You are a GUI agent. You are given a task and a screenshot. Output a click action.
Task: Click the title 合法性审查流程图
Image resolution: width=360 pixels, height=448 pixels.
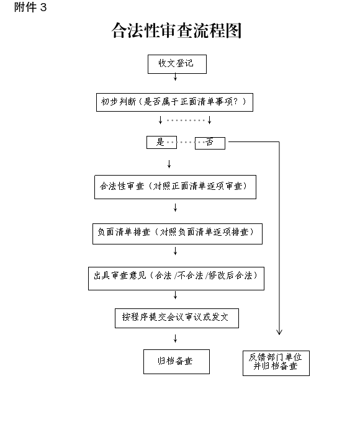click(x=176, y=30)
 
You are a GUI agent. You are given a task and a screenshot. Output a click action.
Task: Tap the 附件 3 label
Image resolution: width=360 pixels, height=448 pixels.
click(x=30, y=7)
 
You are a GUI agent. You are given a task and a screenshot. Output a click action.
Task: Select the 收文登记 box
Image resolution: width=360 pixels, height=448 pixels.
click(x=177, y=65)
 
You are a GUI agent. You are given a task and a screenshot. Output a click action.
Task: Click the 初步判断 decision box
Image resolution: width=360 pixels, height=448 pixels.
click(x=174, y=102)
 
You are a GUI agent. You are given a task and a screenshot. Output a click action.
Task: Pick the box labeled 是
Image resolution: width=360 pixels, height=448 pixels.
click(x=162, y=142)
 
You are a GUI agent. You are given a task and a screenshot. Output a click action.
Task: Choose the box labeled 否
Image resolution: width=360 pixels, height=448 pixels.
click(x=210, y=143)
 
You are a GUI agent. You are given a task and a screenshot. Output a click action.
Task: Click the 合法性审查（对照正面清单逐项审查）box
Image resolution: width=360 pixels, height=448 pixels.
click(x=175, y=187)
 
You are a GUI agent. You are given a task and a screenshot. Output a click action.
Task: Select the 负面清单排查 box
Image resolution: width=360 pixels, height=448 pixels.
click(x=178, y=234)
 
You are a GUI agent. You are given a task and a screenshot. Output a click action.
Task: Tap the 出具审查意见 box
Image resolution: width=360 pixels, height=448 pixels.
click(x=176, y=279)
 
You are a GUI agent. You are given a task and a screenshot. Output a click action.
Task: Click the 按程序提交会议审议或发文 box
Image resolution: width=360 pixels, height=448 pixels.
click(x=177, y=318)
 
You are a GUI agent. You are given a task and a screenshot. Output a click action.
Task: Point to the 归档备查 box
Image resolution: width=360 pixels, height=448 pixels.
click(x=176, y=362)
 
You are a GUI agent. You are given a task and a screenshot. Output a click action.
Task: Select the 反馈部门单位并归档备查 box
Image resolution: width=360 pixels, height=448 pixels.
click(x=276, y=363)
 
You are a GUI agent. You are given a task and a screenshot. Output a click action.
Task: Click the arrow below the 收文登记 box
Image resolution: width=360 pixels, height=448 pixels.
click(x=176, y=76)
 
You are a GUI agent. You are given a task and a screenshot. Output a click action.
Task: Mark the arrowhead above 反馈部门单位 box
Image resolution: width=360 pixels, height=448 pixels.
click(x=279, y=332)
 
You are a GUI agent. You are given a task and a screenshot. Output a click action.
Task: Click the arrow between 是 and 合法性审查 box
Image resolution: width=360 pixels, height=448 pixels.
click(x=169, y=164)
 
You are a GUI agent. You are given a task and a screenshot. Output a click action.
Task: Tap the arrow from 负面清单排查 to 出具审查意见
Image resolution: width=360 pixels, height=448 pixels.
click(x=176, y=251)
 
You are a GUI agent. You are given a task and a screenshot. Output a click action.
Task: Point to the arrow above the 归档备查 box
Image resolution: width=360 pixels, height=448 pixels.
click(x=176, y=339)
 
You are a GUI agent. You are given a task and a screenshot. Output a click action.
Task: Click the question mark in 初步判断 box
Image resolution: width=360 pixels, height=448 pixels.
click(x=236, y=101)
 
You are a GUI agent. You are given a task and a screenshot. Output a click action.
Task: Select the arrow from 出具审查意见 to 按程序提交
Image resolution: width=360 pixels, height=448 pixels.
click(x=176, y=295)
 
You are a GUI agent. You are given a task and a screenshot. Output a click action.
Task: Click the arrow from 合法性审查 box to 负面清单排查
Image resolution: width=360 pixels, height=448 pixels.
click(x=176, y=207)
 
